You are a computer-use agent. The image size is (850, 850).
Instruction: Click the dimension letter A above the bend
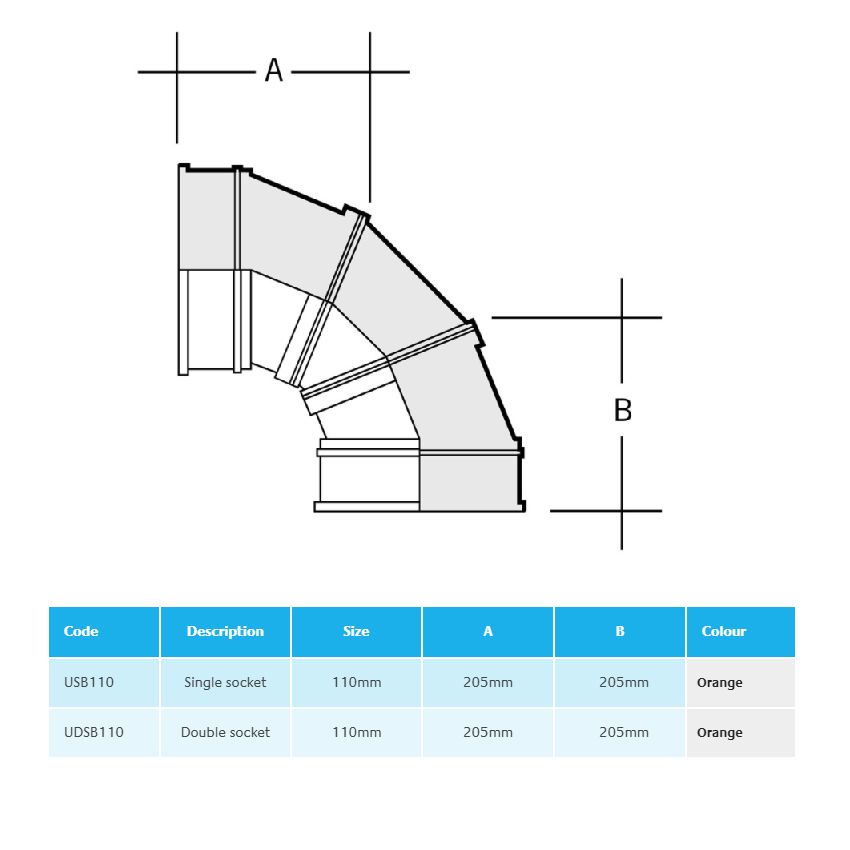(x=273, y=70)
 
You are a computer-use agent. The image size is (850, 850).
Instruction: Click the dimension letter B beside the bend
(x=622, y=410)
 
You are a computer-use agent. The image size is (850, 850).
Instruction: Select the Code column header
(x=81, y=631)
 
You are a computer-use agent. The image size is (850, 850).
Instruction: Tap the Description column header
(x=225, y=631)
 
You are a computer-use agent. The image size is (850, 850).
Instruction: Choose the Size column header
(x=356, y=631)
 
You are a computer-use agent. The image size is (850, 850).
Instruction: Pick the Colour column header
(x=724, y=631)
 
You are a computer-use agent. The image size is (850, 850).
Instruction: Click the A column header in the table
(x=488, y=631)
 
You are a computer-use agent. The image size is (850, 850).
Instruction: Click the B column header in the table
(x=620, y=631)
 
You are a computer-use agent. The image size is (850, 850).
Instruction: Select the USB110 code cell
(x=89, y=682)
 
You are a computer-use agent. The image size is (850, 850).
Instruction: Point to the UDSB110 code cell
(x=94, y=732)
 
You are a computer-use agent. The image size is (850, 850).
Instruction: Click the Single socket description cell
(x=225, y=682)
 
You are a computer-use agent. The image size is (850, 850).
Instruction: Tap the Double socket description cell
(x=225, y=732)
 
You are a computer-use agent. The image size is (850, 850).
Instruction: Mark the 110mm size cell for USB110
(x=356, y=682)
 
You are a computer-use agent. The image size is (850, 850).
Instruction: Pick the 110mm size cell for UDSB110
(x=356, y=732)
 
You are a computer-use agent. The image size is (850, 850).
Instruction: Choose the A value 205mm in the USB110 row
(x=488, y=682)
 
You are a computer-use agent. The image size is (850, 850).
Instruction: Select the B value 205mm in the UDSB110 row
(x=623, y=732)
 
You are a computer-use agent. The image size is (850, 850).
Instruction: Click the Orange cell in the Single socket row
(x=720, y=682)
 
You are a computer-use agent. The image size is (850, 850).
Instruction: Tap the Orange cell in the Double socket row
(x=720, y=732)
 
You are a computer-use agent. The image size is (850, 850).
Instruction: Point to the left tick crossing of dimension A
(x=177, y=72)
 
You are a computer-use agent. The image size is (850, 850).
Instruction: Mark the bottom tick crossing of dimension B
(x=622, y=510)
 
